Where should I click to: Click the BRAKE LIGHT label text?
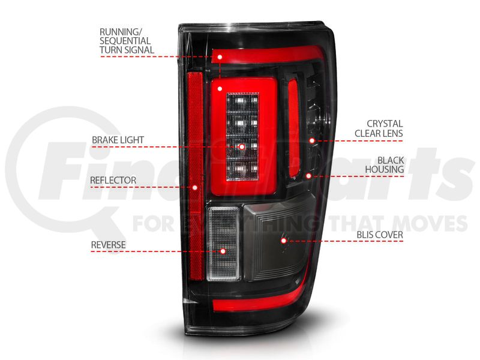pyautogui.click(x=118, y=140)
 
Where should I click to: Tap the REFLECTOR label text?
pyautogui.click(x=113, y=180)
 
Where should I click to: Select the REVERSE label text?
pyautogui.click(x=109, y=245)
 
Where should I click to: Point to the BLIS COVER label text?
pyautogui.click(x=380, y=235)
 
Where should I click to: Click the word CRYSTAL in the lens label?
pyautogui.click(x=385, y=124)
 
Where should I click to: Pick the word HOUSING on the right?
pyautogui.click(x=384, y=169)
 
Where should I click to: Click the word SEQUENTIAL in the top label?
pyautogui.click(x=125, y=41)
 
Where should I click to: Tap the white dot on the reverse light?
pyautogui.click(x=223, y=251)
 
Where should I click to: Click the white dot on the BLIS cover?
pyautogui.click(x=283, y=241)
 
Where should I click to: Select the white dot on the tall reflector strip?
pyautogui.click(x=194, y=187)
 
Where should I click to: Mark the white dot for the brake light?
pyautogui.click(x=242, y=147)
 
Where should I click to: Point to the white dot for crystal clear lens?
pyautogui.click(x=311, y=141)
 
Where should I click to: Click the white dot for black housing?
pyautogui.click(x=308, y=176)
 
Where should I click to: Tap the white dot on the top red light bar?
pyautogui.click(x=220, y=57)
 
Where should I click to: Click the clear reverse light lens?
pyautogui.click(x=223, y=244)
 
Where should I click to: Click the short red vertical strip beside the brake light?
pyautogui.click(x=294, y=127)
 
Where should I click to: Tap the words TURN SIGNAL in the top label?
pyautogui.click(x=127, y=50)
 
